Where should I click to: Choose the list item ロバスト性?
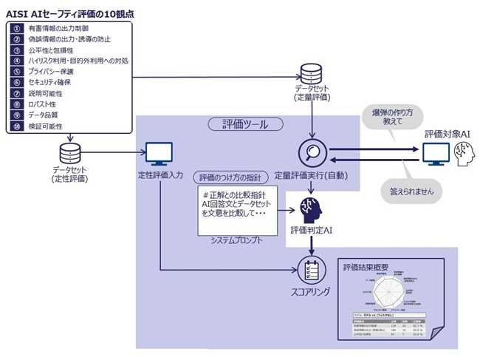(x=44, y=105)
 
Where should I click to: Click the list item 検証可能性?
(x=47, y=126)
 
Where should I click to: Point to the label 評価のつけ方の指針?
(x=227, y=177)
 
